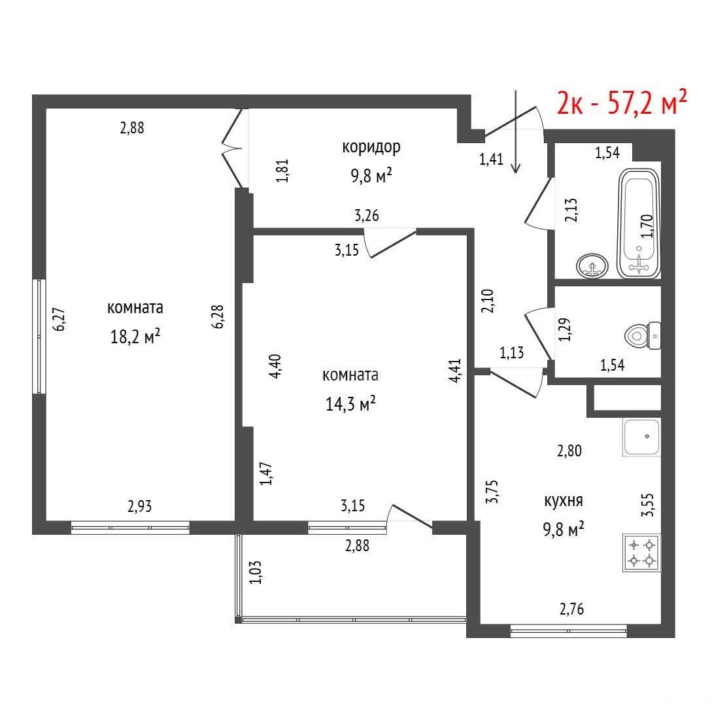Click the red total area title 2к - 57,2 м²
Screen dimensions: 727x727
[x=621, y=103]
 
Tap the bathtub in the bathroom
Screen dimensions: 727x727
[x=639, y=224]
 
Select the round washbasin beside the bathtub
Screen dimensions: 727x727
[x=592, y=266]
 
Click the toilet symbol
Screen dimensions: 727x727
[x=643, y=335]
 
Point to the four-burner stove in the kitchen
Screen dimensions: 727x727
[x=642, y=552]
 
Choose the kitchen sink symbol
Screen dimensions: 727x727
[x=642, y=437]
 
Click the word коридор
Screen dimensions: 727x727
[x=371, y=148]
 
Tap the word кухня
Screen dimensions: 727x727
[x=564, y=501]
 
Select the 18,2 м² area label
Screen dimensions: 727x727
[x=135, y=337]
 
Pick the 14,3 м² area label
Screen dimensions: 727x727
[x=350, y=403]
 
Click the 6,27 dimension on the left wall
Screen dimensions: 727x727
[x=59, y=320]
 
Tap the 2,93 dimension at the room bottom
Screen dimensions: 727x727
[x=139, y=506]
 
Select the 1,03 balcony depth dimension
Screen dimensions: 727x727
[x=256, y=572]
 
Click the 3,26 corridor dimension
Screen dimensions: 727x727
[x=366, y=216]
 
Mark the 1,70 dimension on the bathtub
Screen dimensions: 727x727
[x=647, y=226]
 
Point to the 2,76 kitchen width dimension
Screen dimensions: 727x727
[x=571, y=609]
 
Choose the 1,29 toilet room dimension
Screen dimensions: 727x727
[x=564, y=330]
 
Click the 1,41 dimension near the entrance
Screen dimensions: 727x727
[x=491, y=160]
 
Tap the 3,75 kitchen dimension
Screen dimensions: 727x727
[x=492, y=492]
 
